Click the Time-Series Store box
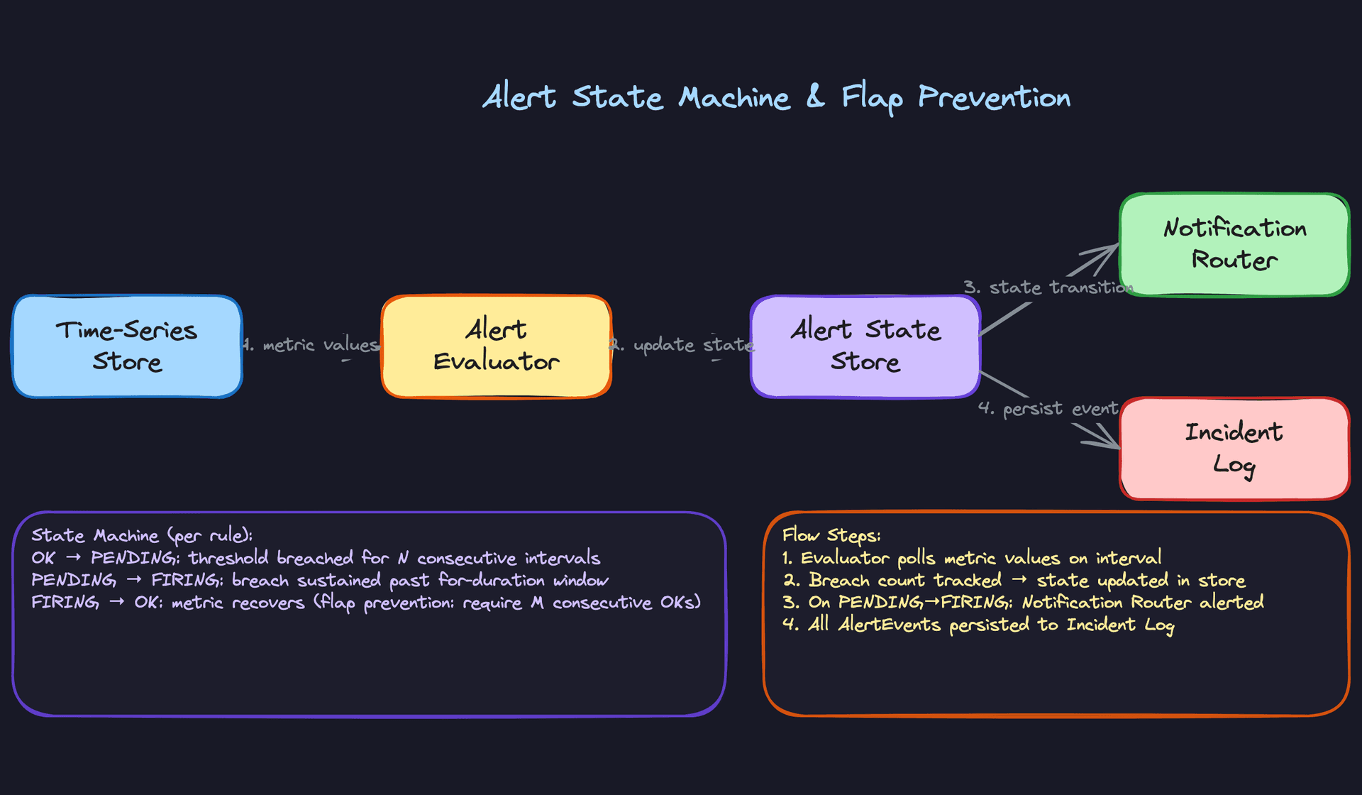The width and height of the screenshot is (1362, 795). (127, 346)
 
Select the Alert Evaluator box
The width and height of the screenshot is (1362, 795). (496, 346)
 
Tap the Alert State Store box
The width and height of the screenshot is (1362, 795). (865, 346)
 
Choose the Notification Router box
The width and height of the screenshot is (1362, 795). (1234, 244)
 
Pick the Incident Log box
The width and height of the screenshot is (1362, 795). (1234, 449)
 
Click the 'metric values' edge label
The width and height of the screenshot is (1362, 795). (312, 345)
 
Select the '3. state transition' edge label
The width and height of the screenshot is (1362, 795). (1047, 287)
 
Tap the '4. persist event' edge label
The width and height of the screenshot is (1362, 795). (1048, 409)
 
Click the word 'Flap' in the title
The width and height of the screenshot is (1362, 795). (872, 98)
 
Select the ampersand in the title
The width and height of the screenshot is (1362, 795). (816, 97)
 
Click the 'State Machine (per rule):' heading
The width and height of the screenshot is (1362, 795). (142, 535)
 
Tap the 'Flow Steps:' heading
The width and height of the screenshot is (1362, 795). (831, 535)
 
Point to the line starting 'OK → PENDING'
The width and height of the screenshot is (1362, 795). (316, 558)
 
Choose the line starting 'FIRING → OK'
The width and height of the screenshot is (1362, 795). (365, 603)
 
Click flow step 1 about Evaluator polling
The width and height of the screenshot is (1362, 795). (972, 558)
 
